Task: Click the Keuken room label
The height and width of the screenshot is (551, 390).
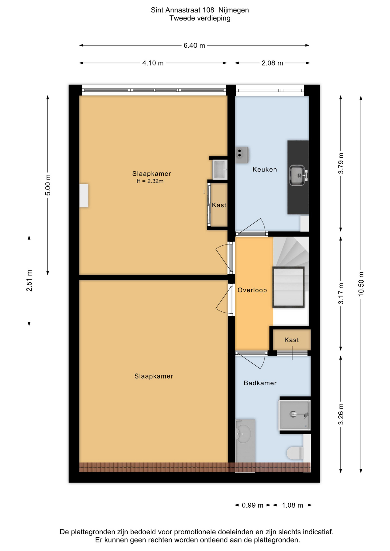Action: [264, 169]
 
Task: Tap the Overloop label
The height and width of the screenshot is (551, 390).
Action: [252, 290]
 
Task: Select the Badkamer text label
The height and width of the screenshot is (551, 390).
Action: [260, 383]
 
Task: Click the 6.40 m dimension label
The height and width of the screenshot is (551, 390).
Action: [194, 45]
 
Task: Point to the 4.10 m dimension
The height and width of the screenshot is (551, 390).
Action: [153, 63]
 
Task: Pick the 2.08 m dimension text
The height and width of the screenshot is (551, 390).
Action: [272, 63]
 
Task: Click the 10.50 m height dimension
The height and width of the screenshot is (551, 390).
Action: [361, 284]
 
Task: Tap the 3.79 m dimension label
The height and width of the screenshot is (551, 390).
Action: [341, 163]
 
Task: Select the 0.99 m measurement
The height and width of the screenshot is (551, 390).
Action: [252, 505]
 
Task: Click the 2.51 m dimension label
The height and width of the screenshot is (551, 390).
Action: [29, 281]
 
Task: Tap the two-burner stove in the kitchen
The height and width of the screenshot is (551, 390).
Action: [242, 155]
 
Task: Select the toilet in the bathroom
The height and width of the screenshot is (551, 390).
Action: [295, 453]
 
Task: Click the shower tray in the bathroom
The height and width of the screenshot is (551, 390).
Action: [294, 415]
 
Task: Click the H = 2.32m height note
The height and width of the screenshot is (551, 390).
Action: [150, 181]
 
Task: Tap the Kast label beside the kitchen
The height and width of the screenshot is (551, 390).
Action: [219, 205]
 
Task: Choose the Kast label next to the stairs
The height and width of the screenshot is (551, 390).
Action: [291, 340]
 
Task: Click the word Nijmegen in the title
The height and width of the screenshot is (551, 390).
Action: [233, 10]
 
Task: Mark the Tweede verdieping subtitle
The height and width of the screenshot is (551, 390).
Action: [200, 18]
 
